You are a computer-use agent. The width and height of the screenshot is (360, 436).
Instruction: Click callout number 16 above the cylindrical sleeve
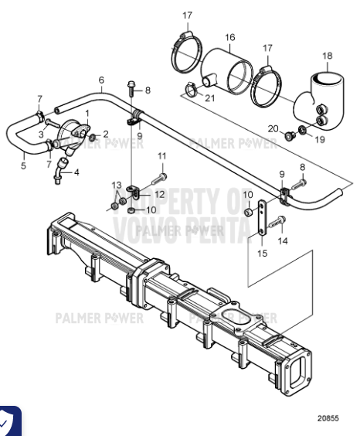click(x=229, y=37)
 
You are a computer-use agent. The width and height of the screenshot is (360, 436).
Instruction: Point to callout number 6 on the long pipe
click(x=101, y=80)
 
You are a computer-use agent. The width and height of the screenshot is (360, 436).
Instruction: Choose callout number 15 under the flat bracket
click(x=263, y=252)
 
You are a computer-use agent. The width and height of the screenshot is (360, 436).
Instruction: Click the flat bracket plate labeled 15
click(x=263, y=220)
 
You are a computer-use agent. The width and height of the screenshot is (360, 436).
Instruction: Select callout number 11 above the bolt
click(x=162, y=156)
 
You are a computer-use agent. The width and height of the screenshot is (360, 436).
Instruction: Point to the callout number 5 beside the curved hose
click(x=22, y=165)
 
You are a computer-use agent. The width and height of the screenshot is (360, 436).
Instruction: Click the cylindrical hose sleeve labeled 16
click(x=228, y=72)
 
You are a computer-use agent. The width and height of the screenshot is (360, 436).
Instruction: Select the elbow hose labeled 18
click(x=324, y=97)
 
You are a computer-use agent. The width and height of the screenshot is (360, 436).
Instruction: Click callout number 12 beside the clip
click(x=159, y=194)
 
